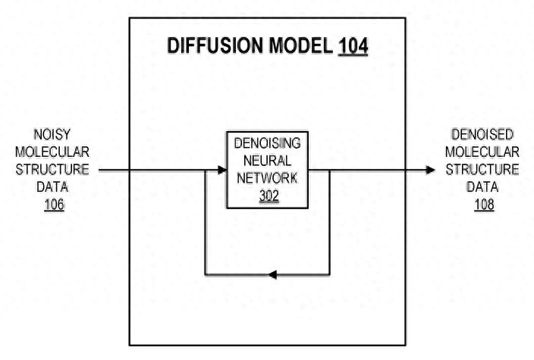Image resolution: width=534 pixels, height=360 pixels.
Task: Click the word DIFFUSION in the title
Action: tap(215, 45)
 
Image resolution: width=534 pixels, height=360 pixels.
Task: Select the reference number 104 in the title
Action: tap(353, 46)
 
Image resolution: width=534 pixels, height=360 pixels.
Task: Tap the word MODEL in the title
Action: tap(300, 45)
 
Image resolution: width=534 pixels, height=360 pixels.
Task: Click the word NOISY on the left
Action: tap(52, 134)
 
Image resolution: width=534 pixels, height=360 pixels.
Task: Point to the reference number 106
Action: tap(54, 205)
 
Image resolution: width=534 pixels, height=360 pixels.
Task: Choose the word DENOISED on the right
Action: tap(482, 134)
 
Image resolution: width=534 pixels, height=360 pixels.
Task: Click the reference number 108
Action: tap(484, 205)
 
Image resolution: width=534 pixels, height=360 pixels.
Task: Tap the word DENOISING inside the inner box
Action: tap(267, 143)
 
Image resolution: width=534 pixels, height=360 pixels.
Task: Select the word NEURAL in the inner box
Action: tap(267, 161)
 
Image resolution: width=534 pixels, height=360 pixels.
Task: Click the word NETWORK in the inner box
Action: tap(267, 178)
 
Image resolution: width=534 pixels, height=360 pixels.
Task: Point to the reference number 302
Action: tap(269, 196)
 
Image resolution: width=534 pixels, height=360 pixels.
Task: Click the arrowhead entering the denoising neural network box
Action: tap(222, 170)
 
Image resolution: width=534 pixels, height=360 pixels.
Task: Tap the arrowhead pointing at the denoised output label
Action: tap(431, 170)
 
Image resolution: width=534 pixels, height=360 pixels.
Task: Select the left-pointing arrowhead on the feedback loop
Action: tap(272, 274)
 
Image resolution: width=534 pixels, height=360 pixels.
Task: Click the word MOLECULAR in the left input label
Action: tap(52, 152)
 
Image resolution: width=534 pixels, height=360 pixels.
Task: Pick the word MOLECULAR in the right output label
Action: tap(482, 152)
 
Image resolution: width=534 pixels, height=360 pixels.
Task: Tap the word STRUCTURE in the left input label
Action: tap(52, 170)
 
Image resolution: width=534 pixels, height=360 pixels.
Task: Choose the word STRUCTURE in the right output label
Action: tap(482, 170)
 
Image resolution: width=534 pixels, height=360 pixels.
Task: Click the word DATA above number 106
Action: tap(52, 186)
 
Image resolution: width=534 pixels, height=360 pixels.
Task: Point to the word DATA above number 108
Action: tap(482, 186)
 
